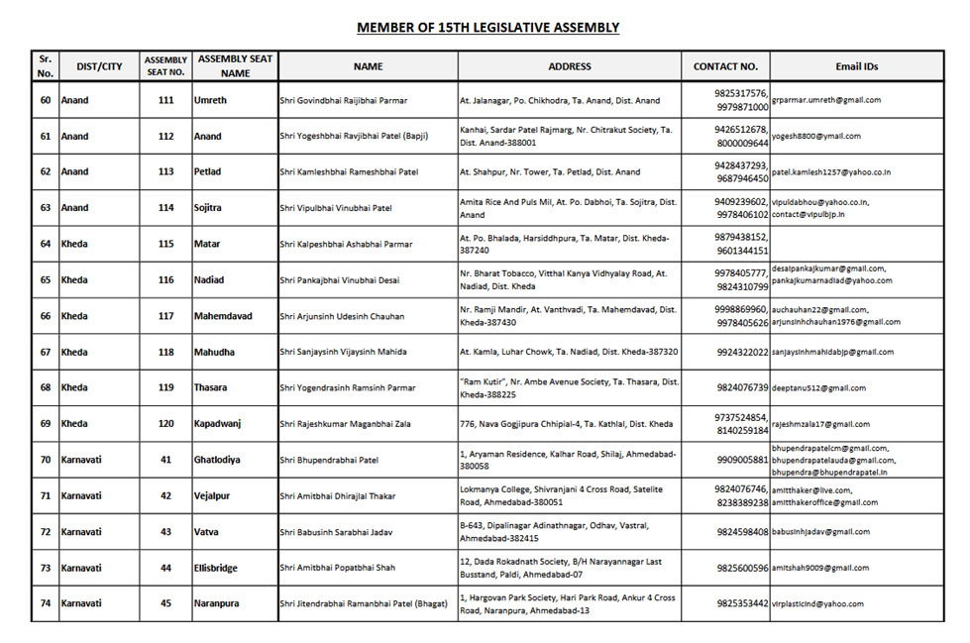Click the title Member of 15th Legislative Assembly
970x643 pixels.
487,27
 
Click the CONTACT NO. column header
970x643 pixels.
725,66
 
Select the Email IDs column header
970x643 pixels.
856,66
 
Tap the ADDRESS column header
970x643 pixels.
569,66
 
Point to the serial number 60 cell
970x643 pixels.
46,100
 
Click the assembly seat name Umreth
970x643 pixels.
210,100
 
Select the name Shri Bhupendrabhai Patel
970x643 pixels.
330,460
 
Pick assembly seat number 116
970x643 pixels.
164,280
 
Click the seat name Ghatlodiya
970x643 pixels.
217,460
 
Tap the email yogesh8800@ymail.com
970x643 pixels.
816,136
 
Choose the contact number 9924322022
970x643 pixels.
742,352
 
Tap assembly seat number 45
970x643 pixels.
164,603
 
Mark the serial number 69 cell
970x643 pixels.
46,424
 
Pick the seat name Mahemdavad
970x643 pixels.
223,316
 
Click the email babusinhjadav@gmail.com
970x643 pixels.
820,532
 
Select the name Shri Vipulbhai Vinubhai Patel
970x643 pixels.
336,208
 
